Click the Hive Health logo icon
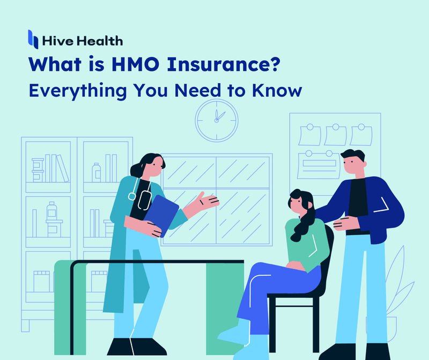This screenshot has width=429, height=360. coord(33,39)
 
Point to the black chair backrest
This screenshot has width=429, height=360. coord(328,258)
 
